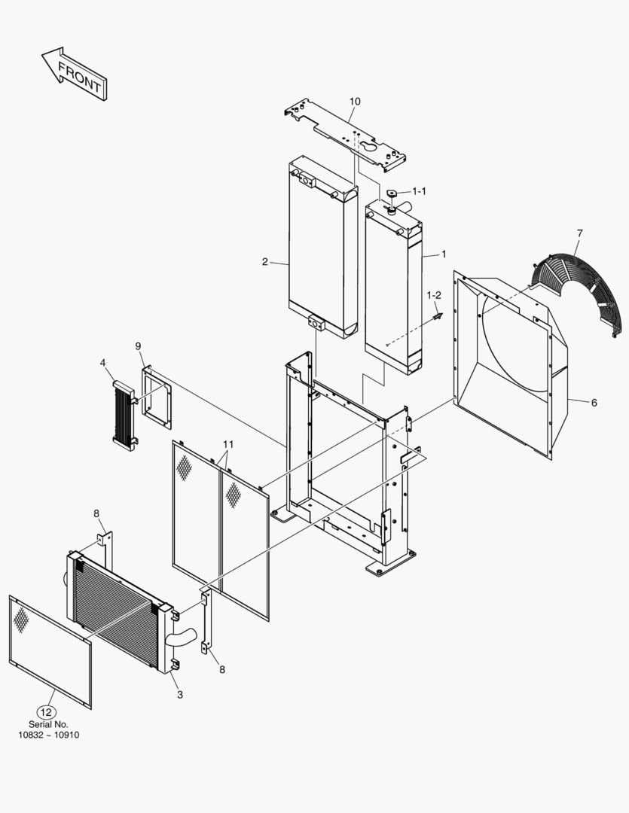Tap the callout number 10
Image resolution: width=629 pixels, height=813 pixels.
coord(355,102)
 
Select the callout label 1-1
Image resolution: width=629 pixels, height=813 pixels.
coord(418,191)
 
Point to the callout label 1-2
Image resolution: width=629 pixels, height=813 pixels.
coord(434,294)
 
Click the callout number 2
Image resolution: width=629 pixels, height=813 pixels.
coord(265,262)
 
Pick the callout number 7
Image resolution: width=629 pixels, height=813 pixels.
coord(579,233)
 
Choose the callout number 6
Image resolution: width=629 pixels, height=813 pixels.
coord(594,403)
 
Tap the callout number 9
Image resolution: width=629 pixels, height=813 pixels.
coord(139,346)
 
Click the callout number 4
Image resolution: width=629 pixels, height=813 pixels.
coord(102,363)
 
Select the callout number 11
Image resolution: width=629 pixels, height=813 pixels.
coord(227,445)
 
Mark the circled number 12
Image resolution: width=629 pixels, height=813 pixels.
coord(47,711)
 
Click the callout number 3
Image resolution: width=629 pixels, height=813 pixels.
coord(179,694)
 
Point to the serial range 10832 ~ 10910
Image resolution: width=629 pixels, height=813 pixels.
coord(49,735)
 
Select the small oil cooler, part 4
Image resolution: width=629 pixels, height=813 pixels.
coord(122,416)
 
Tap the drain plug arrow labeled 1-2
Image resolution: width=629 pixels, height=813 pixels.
coord(436,317)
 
